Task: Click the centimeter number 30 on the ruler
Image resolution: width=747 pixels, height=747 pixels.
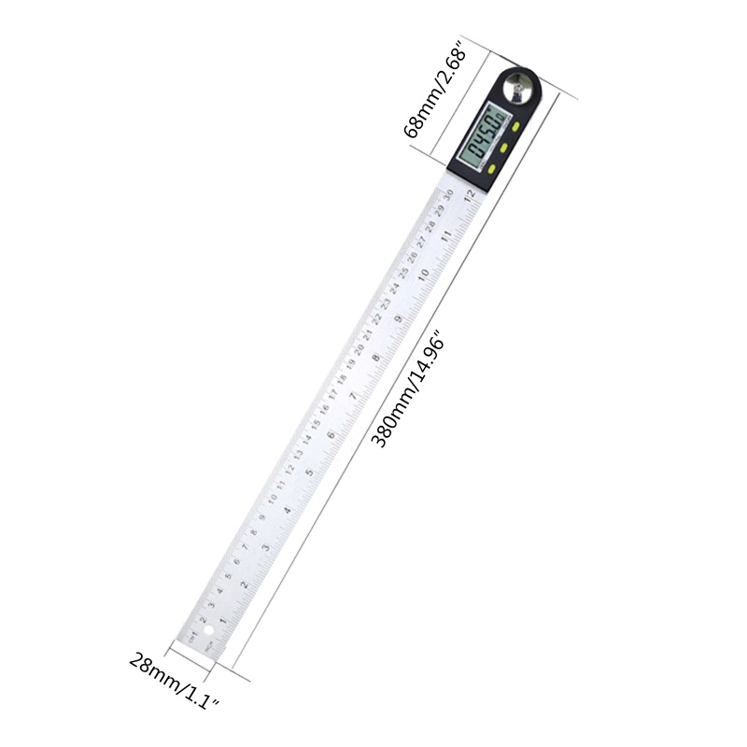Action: pos(448,194)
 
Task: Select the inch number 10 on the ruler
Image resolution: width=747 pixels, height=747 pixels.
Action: pos(424,274)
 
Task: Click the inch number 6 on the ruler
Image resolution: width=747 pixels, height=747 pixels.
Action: pos(331,436)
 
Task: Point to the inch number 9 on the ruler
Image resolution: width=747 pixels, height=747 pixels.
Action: pos(400,317)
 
